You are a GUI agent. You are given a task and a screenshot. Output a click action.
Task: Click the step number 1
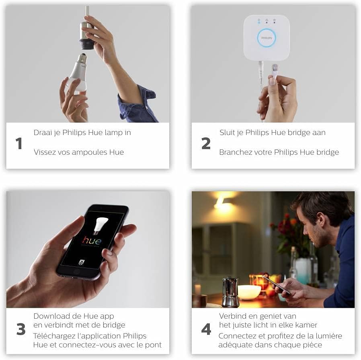18,143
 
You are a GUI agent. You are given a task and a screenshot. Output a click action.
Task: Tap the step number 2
206,143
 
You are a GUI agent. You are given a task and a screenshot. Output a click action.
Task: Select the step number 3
21,329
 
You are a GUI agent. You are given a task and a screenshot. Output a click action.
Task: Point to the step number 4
206,329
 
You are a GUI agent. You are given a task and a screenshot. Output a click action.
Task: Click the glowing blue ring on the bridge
267,38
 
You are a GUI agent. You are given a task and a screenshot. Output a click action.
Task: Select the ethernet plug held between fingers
275,70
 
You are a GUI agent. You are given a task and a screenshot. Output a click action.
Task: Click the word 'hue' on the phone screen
92,241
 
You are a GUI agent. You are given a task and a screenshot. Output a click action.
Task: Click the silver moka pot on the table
231,292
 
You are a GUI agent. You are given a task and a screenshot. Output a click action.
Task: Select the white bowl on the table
250,292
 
